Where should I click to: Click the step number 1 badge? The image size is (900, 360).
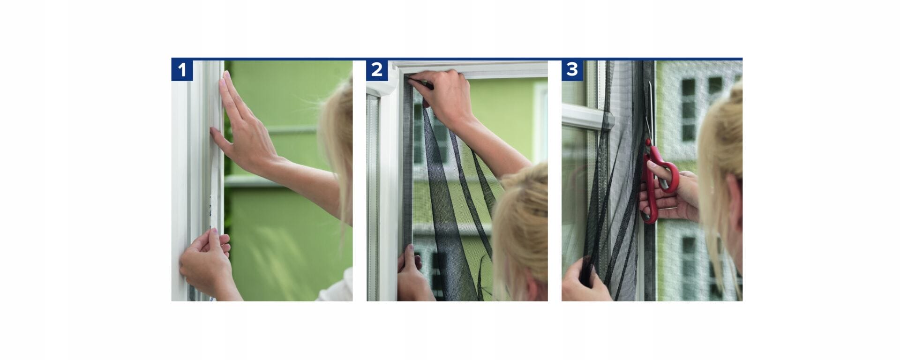182,70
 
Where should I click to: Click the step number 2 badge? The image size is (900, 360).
377,70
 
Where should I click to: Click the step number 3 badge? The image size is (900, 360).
572,70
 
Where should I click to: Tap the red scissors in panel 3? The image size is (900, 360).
659,178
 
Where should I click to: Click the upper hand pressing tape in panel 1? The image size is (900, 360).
241,127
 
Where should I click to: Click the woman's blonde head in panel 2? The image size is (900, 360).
520,225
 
